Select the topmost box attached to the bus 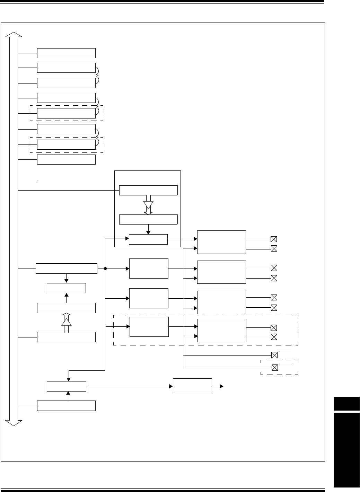click(66, 53)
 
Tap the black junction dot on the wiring click(105, 269)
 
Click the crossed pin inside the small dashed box click(274, 368)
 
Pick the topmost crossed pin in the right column click(274, 239)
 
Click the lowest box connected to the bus click(66, 406)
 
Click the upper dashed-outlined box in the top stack click(66, 113)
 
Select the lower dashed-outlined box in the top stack click(66, 144)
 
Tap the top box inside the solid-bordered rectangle click(148, 190)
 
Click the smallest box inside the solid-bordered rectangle click(148, 239)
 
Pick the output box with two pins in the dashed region click(222, 331)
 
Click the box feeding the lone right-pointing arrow click(192, 386)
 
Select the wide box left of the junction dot click(66, 269)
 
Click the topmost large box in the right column click(221, 242)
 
